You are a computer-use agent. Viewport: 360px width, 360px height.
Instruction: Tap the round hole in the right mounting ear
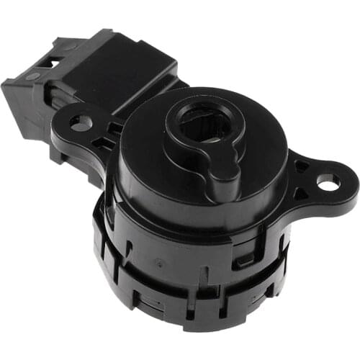pyautogui.click(x=328, y=184)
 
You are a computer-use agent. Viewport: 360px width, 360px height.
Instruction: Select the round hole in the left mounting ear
pyautogui.click(x=81, y=122)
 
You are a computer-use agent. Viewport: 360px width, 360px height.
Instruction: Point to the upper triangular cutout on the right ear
pyautogui.click(x=301, y=166)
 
